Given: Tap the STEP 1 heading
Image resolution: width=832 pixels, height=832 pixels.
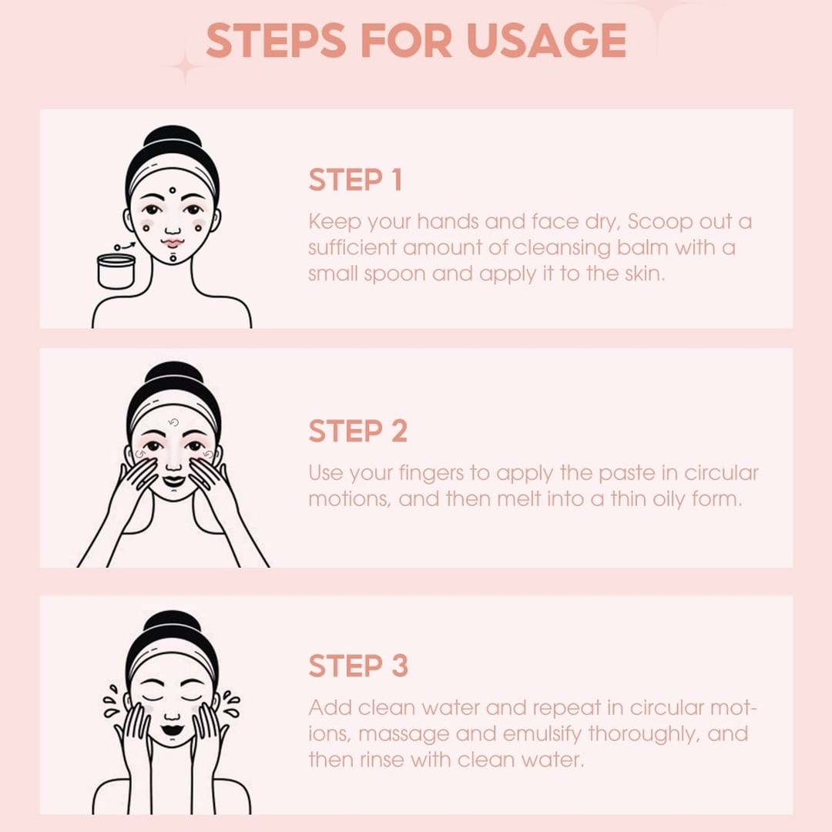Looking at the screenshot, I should [355, 180].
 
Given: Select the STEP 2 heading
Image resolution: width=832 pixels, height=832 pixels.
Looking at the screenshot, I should [357, 431].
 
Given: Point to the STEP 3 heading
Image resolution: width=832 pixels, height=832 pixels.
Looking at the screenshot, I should [357, 666].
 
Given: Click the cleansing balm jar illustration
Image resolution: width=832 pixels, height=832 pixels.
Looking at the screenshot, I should [116, 271].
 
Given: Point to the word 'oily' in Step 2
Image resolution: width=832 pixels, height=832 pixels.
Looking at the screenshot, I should [671, 498].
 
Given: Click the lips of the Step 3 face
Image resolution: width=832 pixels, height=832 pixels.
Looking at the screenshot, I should [173, 729].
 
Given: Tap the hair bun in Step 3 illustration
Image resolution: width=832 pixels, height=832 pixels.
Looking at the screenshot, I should [173, 622].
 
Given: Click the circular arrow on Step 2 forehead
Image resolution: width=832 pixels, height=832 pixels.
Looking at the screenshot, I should [173, 423].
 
